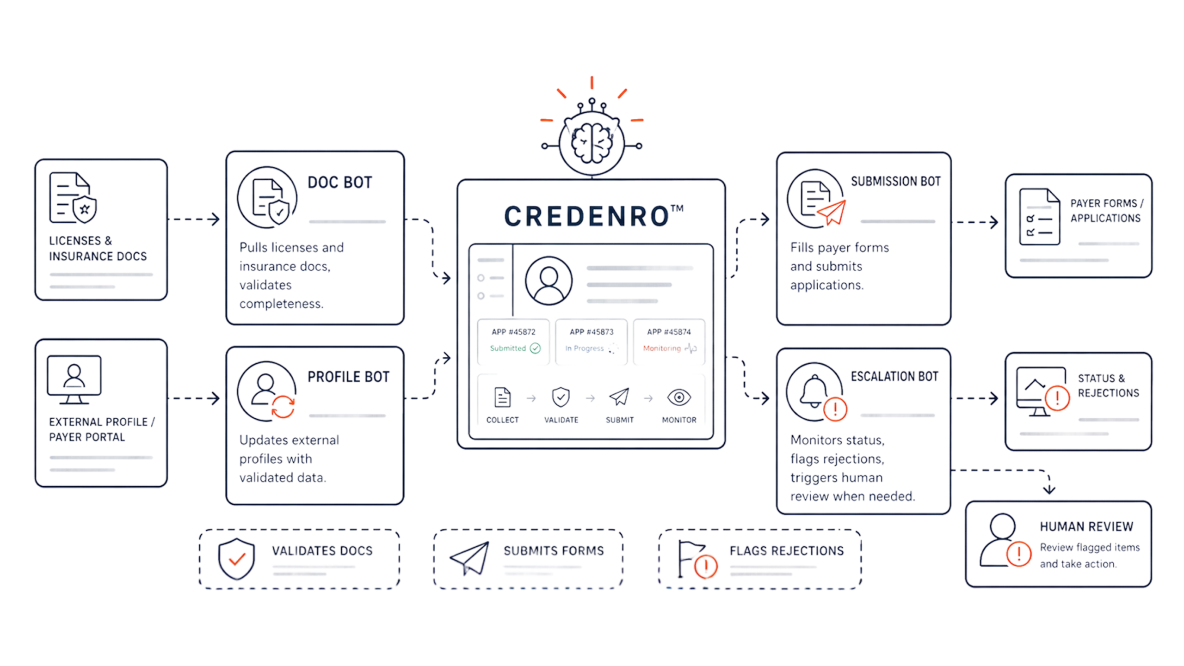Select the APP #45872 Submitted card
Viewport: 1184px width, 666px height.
coord(513,341)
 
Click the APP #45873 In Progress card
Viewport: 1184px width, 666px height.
coord(591,341)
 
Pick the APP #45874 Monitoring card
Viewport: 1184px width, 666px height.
coord(669,341)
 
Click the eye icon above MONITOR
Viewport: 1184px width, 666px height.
coord(679,397)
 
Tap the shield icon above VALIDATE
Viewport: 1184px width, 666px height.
coord(561,397)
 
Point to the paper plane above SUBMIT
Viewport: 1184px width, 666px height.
coord(619,397)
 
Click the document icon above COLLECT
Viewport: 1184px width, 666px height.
coord(502,397)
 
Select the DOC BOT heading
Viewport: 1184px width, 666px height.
coord(339,182)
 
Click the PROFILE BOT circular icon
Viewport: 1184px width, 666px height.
coord(267,391)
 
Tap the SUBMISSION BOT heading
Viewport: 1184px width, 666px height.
coord(895,181)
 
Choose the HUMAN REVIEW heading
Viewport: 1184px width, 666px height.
coord(1086,526)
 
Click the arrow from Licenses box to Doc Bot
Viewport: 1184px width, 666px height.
coord(194,219)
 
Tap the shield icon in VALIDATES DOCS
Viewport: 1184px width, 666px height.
coord(236,558)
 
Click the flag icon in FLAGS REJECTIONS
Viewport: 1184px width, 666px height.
coord(697,559)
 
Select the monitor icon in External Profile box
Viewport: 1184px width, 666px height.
coord(74,379)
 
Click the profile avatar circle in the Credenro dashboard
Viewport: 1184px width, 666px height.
coord(549,281)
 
